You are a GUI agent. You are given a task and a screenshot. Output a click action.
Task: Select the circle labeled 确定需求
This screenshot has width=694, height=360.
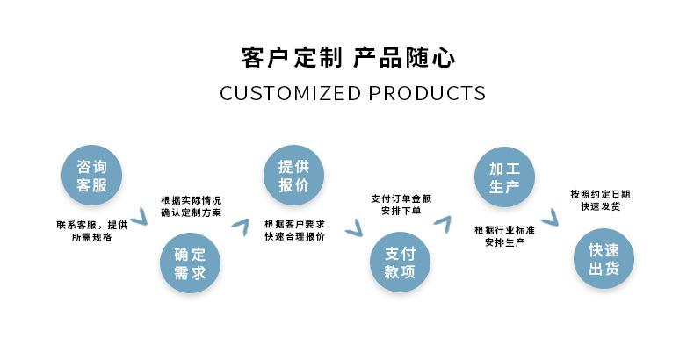190,264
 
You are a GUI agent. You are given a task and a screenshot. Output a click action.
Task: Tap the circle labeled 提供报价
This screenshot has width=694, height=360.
293,174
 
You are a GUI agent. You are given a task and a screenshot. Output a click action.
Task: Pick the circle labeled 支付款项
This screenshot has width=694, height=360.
399,263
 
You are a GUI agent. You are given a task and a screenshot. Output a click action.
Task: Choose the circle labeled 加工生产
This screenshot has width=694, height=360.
504,176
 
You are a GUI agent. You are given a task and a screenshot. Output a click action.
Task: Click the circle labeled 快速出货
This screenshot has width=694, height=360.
604,259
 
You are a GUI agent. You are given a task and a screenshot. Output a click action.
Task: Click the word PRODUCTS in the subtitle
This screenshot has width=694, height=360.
427,93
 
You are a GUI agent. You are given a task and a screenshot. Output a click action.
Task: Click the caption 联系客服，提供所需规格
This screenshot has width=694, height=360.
91,231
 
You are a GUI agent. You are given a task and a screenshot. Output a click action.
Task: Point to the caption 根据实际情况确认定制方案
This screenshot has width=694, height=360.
191,206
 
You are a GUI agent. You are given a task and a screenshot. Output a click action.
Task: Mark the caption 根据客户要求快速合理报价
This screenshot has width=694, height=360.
294,231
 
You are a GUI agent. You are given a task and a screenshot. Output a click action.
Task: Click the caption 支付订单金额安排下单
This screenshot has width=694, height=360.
401,205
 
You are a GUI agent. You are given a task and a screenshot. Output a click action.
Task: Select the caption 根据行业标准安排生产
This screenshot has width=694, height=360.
504,235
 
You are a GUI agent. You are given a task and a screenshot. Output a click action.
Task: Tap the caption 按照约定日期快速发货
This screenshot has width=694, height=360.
600,200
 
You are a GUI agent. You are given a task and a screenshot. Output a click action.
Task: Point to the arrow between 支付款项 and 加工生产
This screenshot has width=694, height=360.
442,223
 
